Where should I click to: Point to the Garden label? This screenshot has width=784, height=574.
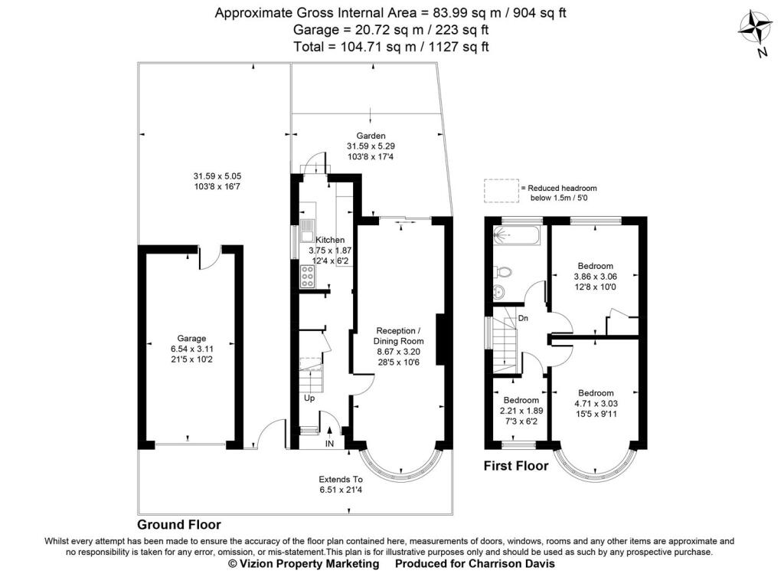tap(371, 136)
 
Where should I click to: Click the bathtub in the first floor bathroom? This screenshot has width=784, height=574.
tap(517, 236)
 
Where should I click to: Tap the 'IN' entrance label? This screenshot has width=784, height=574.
tap(329, 443)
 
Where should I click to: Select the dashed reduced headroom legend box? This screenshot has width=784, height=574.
tap(501, 189)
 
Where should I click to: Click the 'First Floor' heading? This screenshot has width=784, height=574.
tap(516, 465)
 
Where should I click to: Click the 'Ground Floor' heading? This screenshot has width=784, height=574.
tap(178, 525)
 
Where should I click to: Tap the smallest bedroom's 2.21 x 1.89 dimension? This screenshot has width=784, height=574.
tap(521, 411)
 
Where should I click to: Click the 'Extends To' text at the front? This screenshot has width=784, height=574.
tap(340, 478)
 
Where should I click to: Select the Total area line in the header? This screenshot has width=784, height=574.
tap(390, 47)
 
